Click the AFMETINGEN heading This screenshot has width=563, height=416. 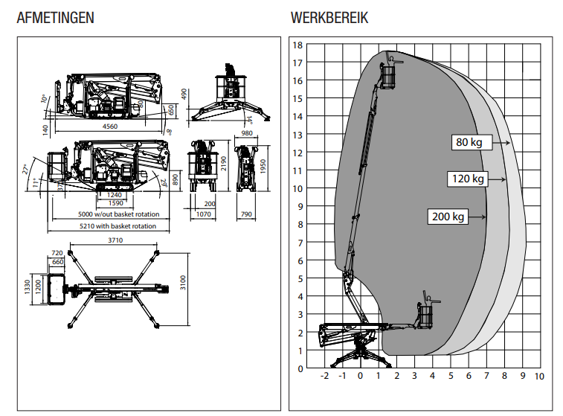coord(55,18)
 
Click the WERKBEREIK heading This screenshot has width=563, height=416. coord(329,18)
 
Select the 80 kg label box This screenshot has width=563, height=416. coord(468,142)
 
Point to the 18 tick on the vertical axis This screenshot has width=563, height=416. coord(297,45)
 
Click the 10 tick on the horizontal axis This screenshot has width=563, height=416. coord(539,377)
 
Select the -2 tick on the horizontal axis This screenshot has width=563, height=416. coord(324,377)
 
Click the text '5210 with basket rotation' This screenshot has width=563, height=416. coord(119,225)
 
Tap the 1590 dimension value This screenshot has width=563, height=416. coord(115,203)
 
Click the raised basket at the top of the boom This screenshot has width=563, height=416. coord(387,74)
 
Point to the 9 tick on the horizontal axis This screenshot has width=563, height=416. coord(522,377)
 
